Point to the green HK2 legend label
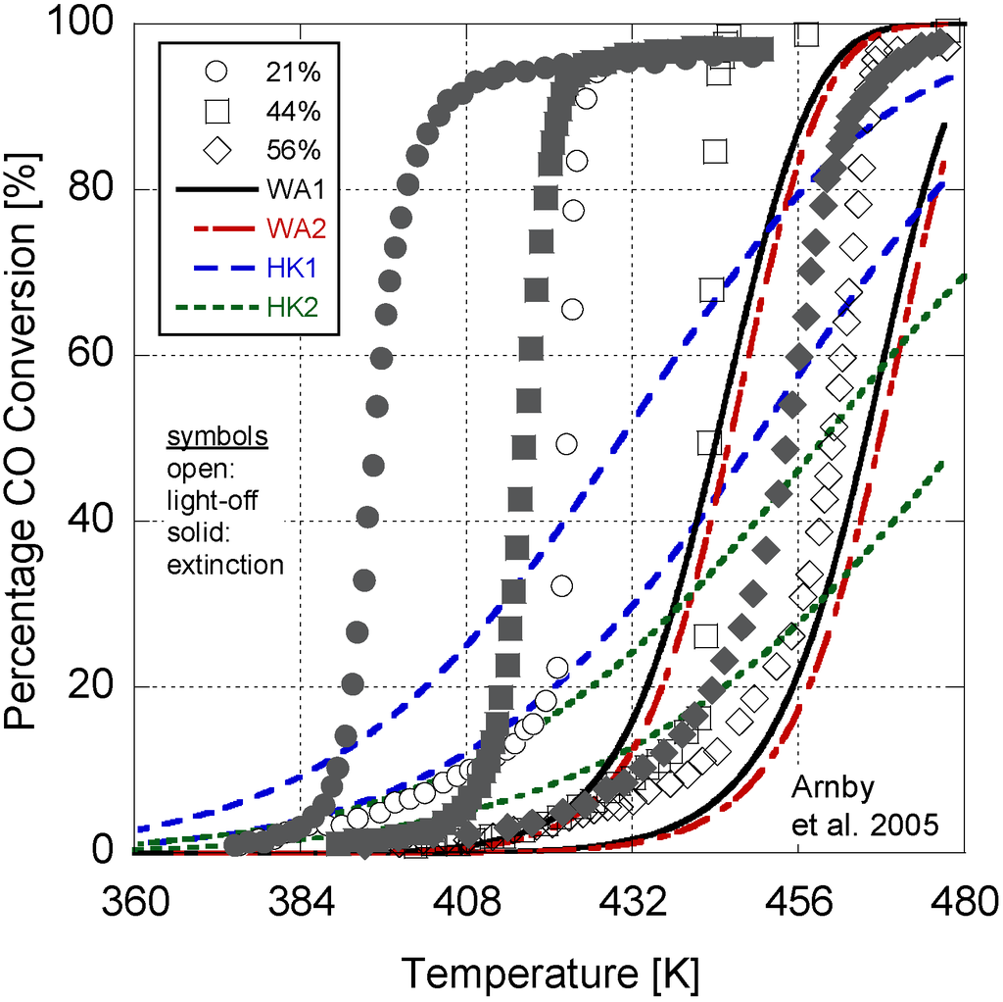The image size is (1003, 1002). point(290,308)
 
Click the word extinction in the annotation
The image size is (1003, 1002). point(225,565)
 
